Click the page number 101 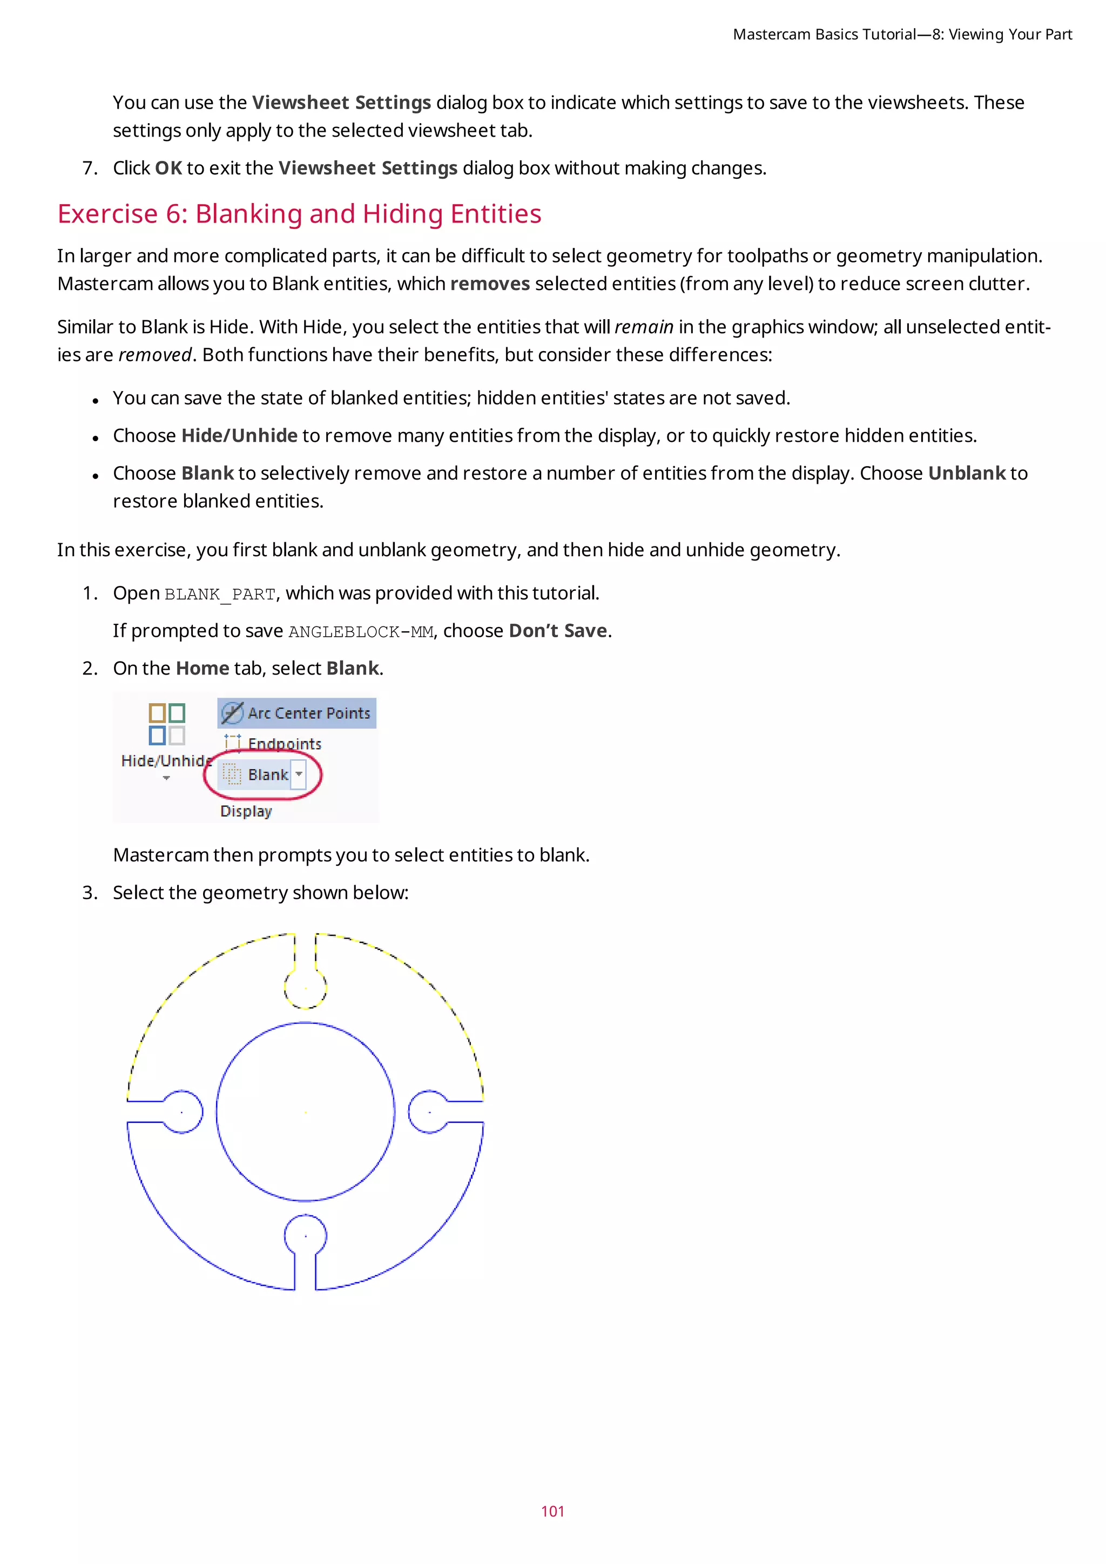(552, 1511)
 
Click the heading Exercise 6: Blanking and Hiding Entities (299, 214)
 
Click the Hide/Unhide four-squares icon (167, 724)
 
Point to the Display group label (246, 811)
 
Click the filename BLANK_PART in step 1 (220, 595)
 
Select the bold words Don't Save (558, 631)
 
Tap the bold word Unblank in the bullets (966, 474)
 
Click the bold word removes (490, 284)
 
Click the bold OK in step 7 (168, 168)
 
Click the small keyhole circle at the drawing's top (305, 988)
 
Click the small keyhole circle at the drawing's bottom (305, 1236)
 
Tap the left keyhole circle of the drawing (182, 1111)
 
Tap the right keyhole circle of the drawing (429, 1111)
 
